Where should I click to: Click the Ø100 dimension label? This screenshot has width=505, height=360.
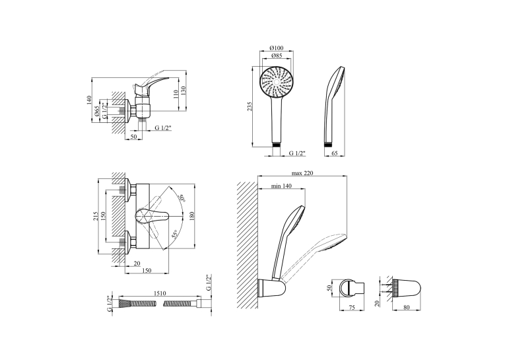pos(277,48)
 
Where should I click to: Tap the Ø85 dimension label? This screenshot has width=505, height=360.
pos(277,55)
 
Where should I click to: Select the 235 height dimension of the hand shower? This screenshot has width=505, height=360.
pos(250,106)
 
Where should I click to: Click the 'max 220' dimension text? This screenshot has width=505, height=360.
pos(302,173)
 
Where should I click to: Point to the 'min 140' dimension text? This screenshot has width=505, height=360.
pos(281,186)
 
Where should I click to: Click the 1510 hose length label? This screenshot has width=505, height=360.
pos(160,293)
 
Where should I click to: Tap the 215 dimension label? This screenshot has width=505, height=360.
pos(96,216)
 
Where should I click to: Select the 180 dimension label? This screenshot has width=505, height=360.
pos(192,216)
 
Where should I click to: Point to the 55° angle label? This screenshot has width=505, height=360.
pos(174,234)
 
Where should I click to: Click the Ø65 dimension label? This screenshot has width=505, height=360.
pos(96,111)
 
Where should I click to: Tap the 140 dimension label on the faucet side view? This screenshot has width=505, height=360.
pos(89,100)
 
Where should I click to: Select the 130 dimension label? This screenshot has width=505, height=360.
pos(184,90)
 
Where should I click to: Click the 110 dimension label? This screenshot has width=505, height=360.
pos(176,94)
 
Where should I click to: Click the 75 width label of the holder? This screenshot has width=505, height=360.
pos(352,308)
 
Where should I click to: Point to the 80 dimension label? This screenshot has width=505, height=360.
pos(407,308)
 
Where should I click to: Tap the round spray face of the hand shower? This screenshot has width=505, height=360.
pos(277,82)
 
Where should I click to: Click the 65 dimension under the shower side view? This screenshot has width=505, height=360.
pos(335,153)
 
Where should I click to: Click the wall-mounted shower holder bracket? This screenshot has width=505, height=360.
pos(271,288)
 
